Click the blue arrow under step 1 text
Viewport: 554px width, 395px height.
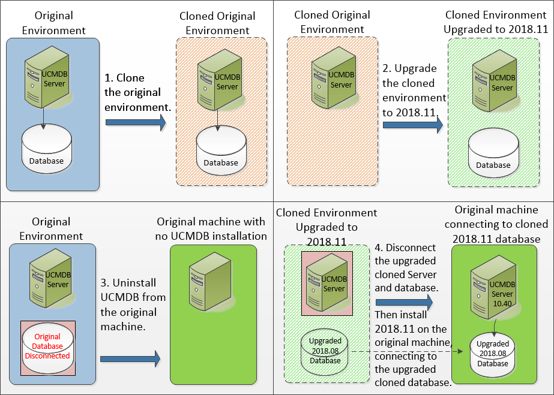click(136, 122)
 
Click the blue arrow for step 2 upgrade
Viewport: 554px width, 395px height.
click(412, 125)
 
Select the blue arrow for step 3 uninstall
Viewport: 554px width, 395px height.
click(130, 359)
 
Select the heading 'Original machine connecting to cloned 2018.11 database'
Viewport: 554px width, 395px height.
click(501, 224)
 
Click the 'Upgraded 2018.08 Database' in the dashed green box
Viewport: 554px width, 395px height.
click(325, 351)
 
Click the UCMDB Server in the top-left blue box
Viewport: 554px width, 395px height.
click(47, 78)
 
